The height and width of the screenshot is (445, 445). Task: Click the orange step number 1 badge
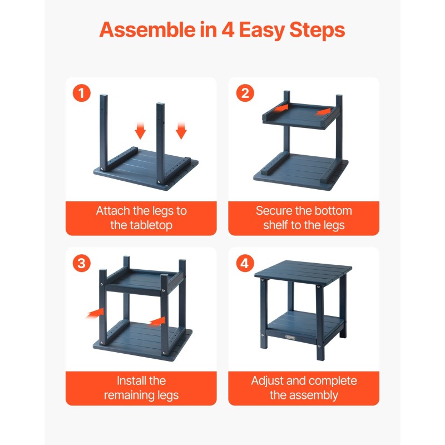coord(81,93)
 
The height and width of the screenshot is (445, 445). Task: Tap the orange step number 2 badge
coord(244,93)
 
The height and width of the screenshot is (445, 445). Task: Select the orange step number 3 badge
coord(81,263)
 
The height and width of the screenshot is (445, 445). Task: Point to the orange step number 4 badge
coord(244,263)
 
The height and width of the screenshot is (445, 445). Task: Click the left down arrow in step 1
coord(140,131)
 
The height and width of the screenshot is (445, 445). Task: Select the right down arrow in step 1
coord(181,131)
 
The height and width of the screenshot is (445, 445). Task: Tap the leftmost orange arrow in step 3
coord(96,314)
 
